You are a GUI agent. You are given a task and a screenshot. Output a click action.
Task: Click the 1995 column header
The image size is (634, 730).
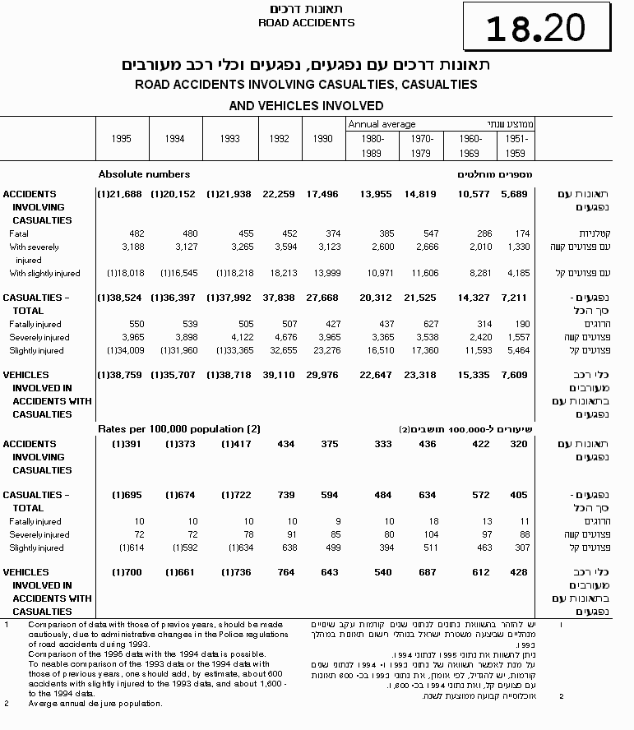(121, 139)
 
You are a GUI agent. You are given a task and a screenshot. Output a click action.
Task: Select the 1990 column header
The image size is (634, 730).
(322, 139)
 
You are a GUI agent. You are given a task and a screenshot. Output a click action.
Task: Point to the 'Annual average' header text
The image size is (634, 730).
(382, 124)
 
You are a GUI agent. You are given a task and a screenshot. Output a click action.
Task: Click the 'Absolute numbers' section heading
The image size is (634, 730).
(144, 174)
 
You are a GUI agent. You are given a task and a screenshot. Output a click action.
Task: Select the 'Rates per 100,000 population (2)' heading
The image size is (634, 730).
(179, 429)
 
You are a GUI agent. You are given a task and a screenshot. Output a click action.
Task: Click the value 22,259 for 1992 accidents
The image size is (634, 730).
(279, 194)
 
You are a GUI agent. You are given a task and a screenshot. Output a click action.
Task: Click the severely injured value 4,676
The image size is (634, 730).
(279, 337)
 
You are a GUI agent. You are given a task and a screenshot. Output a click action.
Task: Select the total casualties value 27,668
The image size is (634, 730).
(322, 298)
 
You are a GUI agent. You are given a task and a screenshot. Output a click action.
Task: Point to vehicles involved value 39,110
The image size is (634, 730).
(279, 375)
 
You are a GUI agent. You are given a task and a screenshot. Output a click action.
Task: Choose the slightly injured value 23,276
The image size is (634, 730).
(322, 350)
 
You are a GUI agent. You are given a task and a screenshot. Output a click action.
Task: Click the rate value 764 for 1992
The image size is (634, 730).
(284, 572)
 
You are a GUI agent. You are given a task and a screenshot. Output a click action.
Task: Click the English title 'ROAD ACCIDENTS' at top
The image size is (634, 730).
(306, 23)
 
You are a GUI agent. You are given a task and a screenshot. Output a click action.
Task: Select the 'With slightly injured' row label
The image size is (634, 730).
(44, 273)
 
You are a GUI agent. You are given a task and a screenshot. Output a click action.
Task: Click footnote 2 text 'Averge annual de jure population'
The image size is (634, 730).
(95, 704)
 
